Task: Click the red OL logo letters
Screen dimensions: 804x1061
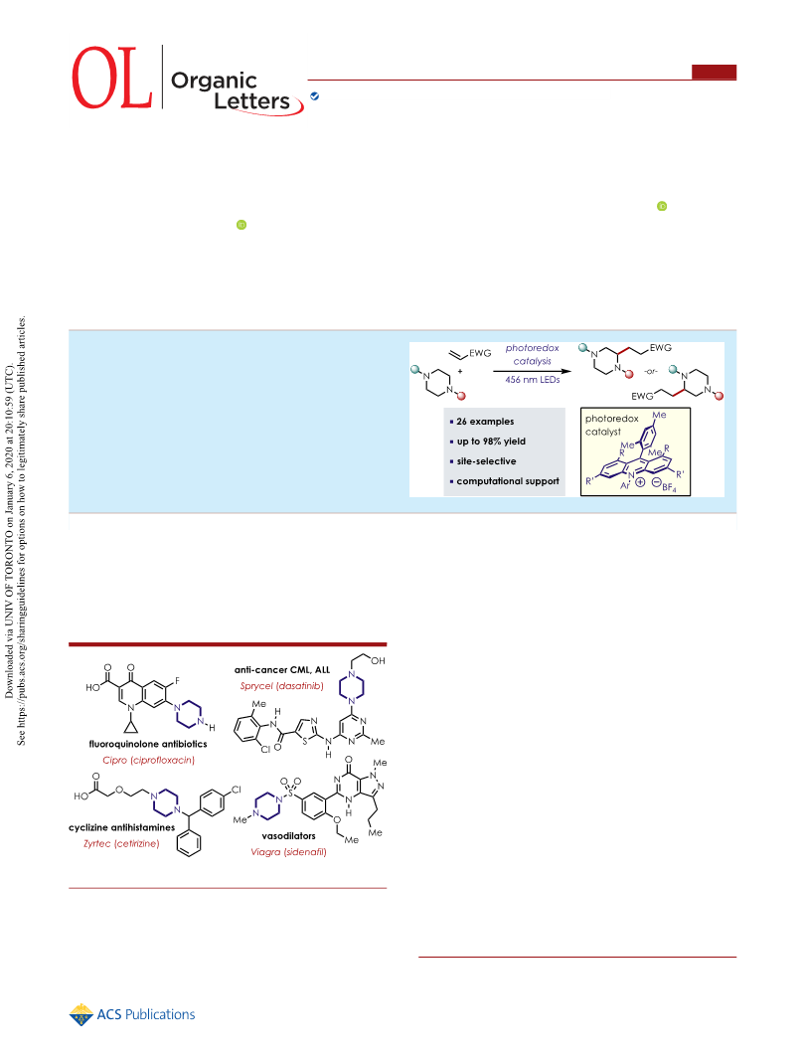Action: click(x=111, y=78)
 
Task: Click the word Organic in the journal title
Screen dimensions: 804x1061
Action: click(x=214, y=82)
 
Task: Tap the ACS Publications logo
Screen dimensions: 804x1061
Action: click(x=132, y=1014)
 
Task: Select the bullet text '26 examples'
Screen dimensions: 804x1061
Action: click(x=485, y=421)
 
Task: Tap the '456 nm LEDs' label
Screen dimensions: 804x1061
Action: click(x=532, y=380)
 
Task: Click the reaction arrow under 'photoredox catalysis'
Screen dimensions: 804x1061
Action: click(x=532, y=371)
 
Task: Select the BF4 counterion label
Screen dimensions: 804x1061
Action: click(x=669, y=485)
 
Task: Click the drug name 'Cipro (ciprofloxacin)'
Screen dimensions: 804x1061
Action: click(x=149, y=760)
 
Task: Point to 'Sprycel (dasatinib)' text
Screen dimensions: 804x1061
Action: click(x=282, y=685)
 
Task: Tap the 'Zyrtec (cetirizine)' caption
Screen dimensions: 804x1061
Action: click(x=121, y=843)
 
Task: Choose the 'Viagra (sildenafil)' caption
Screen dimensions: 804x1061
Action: click(x=289, y=851)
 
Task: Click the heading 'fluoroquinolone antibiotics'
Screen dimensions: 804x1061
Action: click(x=148, y=744)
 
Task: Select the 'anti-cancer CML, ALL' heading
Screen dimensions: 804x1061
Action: click(x=282, y=670)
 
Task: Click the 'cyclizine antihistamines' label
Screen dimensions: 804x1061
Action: click(x=121, y=827)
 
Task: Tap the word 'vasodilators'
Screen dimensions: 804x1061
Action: click(x=289, y=835)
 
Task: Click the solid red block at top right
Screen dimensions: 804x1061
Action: click(x=714, y=73)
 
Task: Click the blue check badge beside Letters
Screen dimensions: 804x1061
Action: click(x=314, y=96)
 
